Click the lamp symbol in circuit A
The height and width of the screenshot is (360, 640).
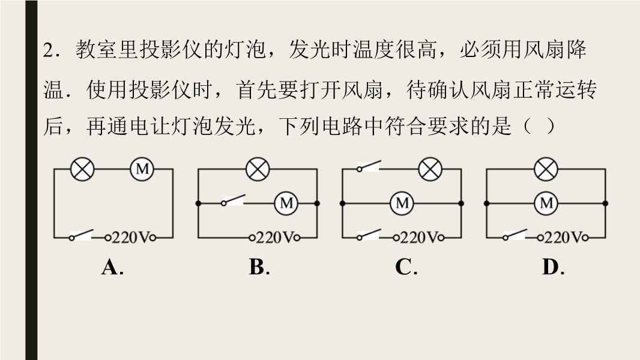coord(82,169)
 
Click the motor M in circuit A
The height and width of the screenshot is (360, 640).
coord(142,169)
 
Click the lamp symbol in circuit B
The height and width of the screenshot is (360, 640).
coord(258,169)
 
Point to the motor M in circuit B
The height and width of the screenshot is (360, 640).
coord(286,203)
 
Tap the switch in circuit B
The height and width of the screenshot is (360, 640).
coord(234,200)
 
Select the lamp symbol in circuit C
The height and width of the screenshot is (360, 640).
coord(430,169)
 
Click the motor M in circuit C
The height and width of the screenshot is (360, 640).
coord(402,203)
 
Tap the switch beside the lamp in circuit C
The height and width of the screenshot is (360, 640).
coord(369,166)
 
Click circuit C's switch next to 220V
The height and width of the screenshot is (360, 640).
coord(369,235)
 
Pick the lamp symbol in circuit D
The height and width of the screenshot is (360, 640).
coord(546,169)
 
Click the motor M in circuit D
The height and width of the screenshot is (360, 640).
coord(546,203)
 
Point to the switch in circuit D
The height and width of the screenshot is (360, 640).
coord(515,235)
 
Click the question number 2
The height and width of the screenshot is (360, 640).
coord(49,50)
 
